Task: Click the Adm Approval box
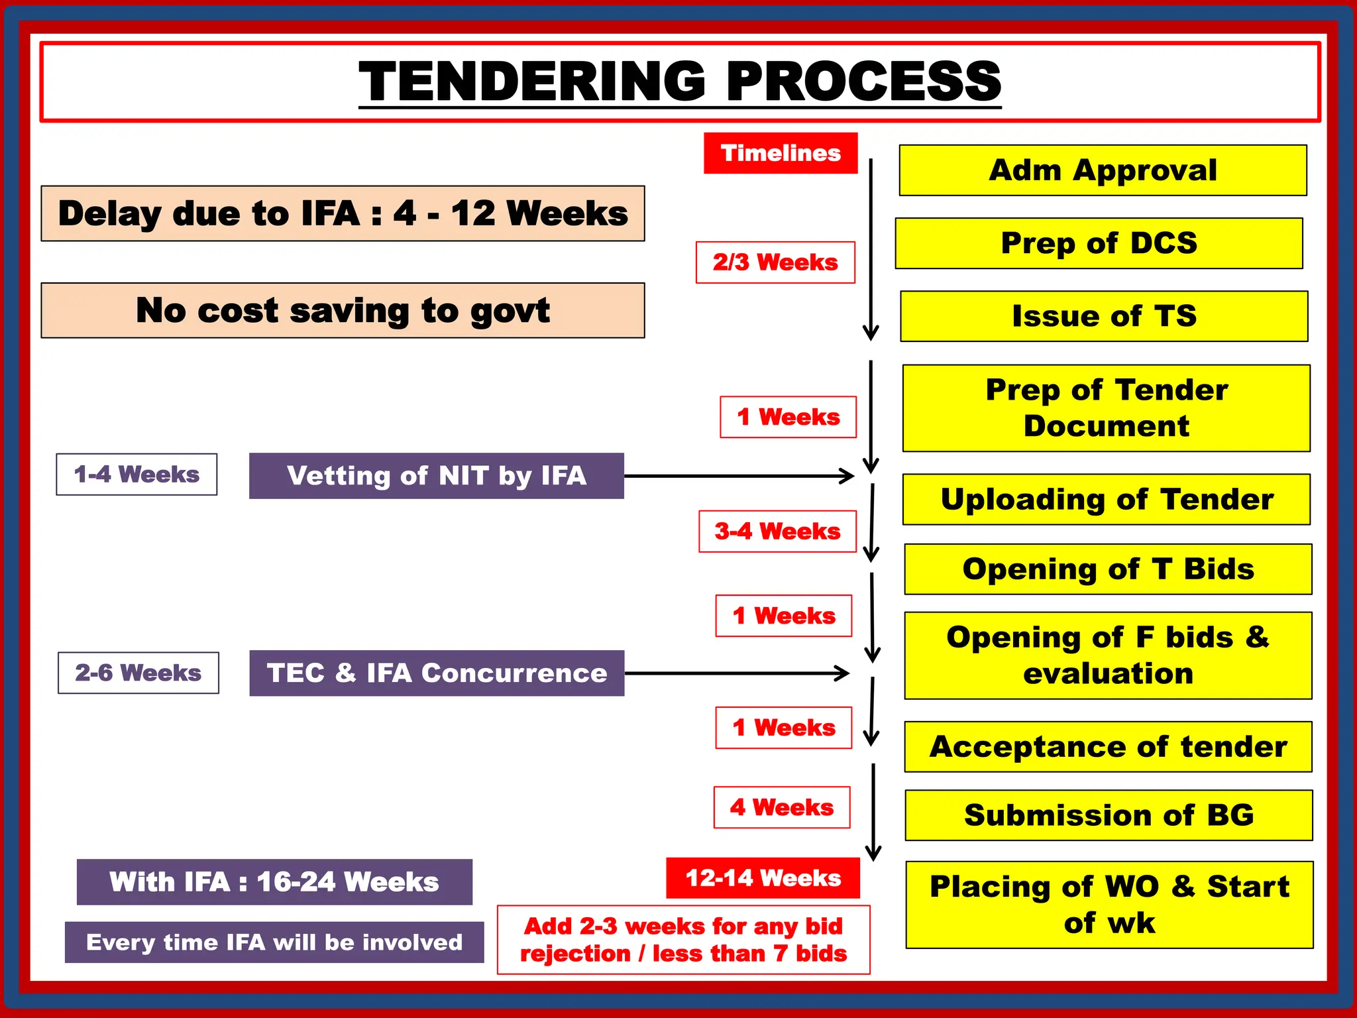click(1103, 170)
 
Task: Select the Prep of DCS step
click(1099, 243)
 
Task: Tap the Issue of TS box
click(1104, 316)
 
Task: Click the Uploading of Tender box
click(1107, 500)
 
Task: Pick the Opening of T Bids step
click(1108, 569)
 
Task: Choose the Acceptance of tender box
click(1108, 747)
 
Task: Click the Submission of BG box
click(1109, 815)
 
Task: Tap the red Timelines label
click(781, 153)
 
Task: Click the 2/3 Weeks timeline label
click(775, 262)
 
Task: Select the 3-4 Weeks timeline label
click(777, 532)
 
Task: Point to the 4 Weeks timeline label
click(782, 807)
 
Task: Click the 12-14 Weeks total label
click(763, 878)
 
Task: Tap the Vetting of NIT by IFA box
click(437, 476)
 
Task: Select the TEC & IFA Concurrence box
click(437, 673)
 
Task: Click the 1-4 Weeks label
click(136, 475)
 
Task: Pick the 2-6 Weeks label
click(138, 673)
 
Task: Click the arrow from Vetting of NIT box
click(739, 476)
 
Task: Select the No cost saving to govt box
click(343, 311)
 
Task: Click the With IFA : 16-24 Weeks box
click(274, 882)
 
